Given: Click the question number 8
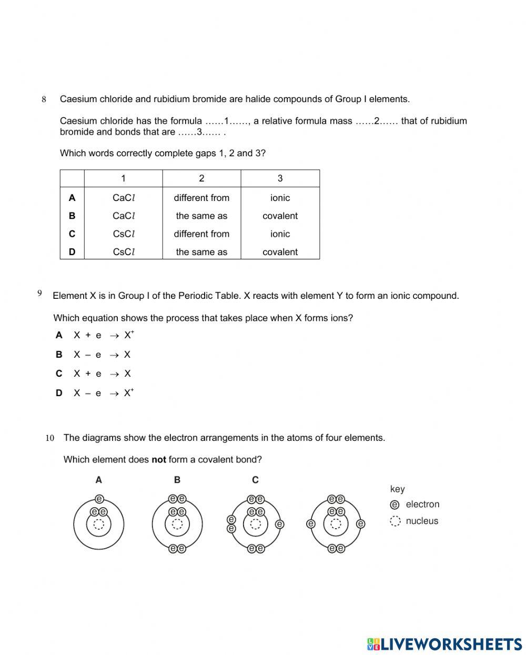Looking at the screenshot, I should [x=44, y=99].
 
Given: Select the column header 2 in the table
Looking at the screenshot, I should [x=201, y=178].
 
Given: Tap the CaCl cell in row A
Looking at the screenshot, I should [x=124, y=198].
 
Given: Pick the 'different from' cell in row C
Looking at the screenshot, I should [x=201, y=234].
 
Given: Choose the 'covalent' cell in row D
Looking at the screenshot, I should [x=280, y=252].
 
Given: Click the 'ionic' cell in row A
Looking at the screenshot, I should [x=280, y=198].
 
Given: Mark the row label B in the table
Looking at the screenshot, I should [x=72, y=216].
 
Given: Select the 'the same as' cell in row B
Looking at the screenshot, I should [x=201, y=216].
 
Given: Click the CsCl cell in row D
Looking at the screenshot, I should [x=124, y=252].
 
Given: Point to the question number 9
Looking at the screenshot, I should [x=40, y=294].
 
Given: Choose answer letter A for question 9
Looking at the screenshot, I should [x=59, y=335].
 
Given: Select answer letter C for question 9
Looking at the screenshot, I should [x=59, y=374].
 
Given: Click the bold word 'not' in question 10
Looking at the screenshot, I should [x=158, y=460].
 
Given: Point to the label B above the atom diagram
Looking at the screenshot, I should [x=177, y=480].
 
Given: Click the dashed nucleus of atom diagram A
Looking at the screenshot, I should [x=99, y=524].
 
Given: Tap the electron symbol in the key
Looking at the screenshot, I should [x=395, y=505].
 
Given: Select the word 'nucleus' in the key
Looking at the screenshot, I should [x=422, y=521].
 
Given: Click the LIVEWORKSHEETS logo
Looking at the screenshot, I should [x=444, y=644].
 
